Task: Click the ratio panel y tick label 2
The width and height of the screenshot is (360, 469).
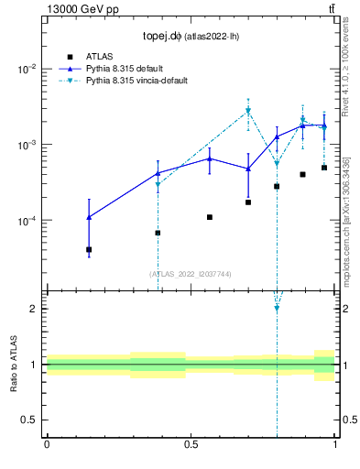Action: coord(33,309)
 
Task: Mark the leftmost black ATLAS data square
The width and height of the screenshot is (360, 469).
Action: coord(89,249)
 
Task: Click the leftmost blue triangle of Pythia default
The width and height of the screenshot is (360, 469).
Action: coord(89,217)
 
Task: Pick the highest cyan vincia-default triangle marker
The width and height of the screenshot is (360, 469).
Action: coord(247,112)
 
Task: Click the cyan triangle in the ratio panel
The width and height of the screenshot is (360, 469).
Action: coord(277,308)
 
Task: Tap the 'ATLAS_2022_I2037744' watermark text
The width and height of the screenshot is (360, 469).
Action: coord(190,274)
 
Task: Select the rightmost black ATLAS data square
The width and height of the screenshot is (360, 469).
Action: coord(324,168)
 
